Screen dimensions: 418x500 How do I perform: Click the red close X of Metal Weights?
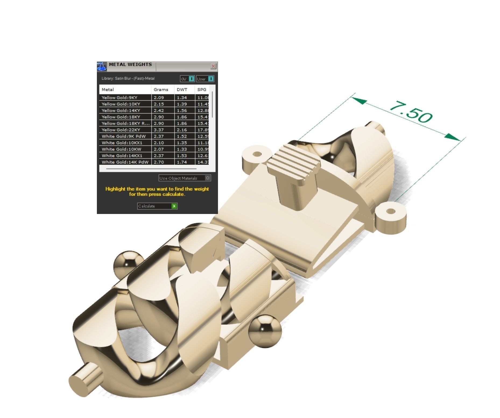click(213, 66)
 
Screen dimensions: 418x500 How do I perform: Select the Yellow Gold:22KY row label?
click(121, 130)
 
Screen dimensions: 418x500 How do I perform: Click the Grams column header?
click(161, 90)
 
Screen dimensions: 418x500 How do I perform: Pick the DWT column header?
click(182, 90)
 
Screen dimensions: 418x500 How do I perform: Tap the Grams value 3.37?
click(159, 130)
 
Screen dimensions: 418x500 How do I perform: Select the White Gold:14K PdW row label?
click(125, 162)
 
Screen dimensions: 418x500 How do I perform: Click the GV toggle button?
click(187, 79)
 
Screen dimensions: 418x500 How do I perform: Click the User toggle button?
click(205, 79)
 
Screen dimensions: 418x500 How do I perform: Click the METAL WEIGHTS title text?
click(130, 65)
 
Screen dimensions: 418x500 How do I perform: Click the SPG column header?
click(202, 90)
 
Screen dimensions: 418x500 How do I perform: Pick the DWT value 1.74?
click(182, 162)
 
